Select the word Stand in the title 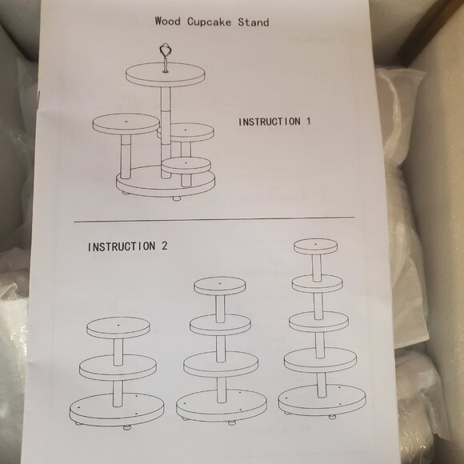(254, 22)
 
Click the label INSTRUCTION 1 (274, 122)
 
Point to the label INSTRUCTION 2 (127, 246)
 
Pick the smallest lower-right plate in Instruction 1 (186, 165)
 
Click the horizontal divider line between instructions (214, 218)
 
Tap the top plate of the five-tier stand (314, 246)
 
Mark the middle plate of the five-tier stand (318, 322)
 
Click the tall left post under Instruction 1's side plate (125, 156)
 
